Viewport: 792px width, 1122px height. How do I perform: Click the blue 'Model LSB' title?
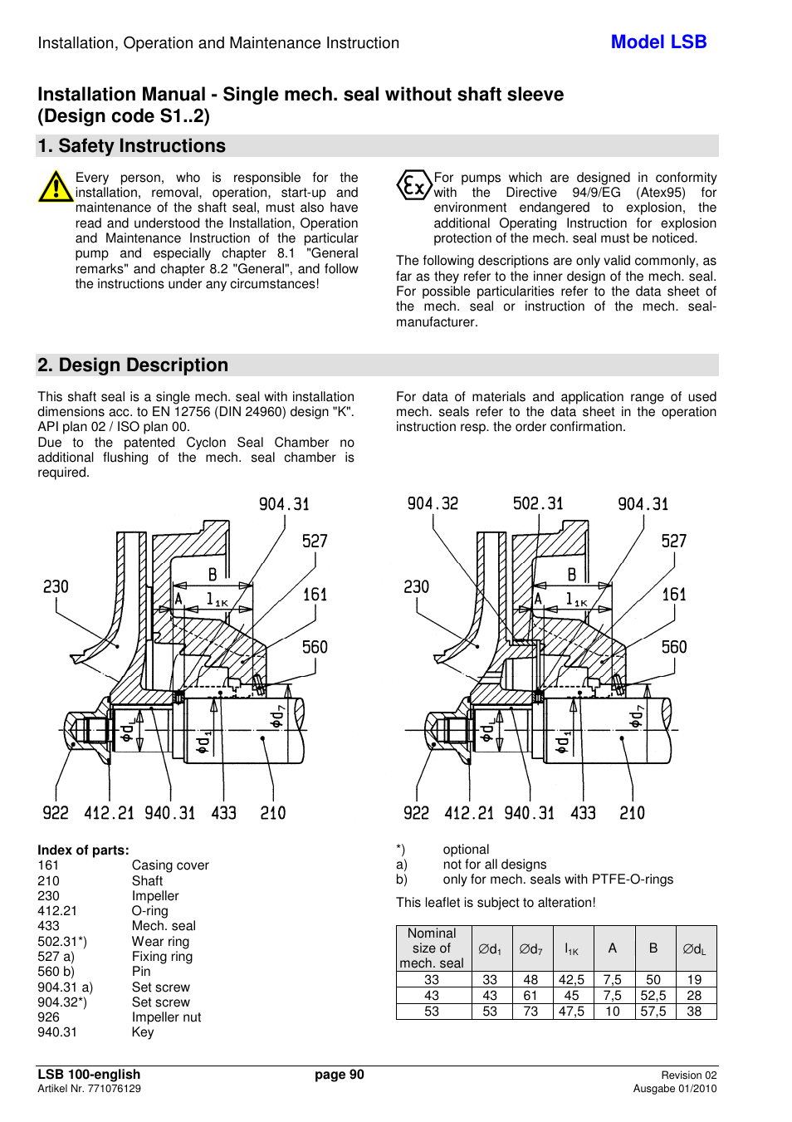click(658, 42)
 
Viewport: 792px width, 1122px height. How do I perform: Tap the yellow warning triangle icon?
click(56, 187)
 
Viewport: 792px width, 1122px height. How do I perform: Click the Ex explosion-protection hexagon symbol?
click(413, 185)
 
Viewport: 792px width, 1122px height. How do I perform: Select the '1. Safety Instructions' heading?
click(131, 146)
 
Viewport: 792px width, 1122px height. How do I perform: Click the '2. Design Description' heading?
click(133, 365)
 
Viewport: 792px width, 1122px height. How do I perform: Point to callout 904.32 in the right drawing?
click(433, 503)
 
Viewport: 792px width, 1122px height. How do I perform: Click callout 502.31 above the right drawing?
click(538, 503)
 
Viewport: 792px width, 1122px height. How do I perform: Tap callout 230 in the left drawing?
click(56, 587)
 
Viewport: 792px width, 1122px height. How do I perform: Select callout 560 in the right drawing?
click(674, 647)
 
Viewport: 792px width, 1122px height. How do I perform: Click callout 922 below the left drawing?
click(56, 813)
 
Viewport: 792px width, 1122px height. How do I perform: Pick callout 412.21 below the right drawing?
click(469, 813)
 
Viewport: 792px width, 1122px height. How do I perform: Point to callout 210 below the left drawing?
click(273, 813)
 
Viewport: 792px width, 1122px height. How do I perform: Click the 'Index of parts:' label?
click(83, 850)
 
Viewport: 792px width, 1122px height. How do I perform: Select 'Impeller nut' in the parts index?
click(166, 1017)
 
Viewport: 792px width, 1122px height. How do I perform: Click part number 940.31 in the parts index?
click(57, 1032)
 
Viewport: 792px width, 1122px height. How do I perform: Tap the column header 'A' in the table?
click(613, 948)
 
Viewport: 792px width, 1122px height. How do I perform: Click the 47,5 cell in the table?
click(571, 1012)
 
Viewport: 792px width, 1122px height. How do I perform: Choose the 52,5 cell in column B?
click(653, 996)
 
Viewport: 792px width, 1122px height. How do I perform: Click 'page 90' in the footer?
click(339, 1075)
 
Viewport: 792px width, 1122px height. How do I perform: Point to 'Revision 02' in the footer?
click(688, 1075)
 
